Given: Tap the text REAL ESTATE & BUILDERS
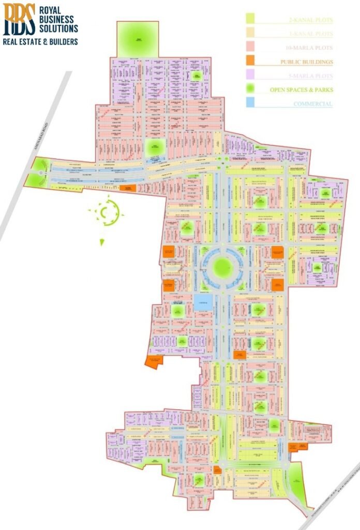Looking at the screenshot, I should (x=41, y=41).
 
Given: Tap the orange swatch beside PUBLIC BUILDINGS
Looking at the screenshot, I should (x=250, y=62).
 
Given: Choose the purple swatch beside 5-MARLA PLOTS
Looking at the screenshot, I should (x=250, y=76).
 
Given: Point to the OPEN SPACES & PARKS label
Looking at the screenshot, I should (x=301, y=90).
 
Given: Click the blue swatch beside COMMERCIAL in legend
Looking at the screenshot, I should (x=250, y=104).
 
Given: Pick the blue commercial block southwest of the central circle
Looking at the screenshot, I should (x=202, y=302).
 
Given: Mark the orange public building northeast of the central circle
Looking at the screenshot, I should (x=277, y=252).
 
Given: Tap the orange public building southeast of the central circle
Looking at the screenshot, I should (x=278, y=285).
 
